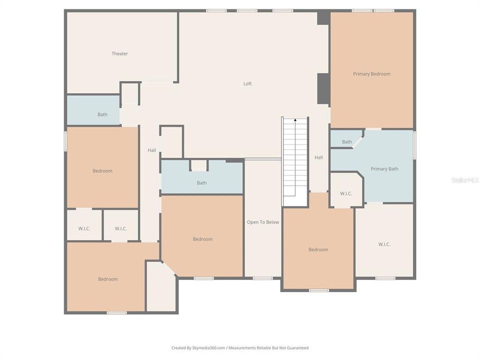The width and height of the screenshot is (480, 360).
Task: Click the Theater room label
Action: pos(119,53)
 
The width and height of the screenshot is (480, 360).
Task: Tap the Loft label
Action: pos(247,83)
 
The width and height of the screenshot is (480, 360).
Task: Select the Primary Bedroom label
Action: pos(371,74)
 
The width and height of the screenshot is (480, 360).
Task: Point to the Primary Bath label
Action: pos(384,169)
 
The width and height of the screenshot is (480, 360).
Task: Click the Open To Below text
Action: pos(263,222)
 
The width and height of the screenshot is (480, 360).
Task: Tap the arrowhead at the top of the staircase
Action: pos(295,120)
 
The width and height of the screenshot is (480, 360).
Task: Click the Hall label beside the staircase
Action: pos(318,157)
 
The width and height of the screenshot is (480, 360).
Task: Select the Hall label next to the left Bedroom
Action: pos(151,150)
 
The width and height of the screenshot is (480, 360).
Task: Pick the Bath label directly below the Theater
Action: pos(102,114)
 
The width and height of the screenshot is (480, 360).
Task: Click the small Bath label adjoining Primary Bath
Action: pos(347,142)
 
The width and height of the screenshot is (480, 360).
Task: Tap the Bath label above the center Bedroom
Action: pos(201,183)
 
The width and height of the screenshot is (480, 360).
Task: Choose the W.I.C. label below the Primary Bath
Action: pos(384,244)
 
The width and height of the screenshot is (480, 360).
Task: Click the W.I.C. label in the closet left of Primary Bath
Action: pos(346,193)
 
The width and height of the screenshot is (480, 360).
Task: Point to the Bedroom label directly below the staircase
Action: pos(318,249)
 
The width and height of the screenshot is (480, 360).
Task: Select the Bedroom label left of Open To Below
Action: pos(202,239)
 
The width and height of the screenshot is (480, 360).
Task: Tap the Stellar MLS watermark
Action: pos(464,179)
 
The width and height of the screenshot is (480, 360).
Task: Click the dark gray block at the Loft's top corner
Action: pos(323,17)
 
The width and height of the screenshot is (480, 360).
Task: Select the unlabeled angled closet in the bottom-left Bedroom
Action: pos(161,287)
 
